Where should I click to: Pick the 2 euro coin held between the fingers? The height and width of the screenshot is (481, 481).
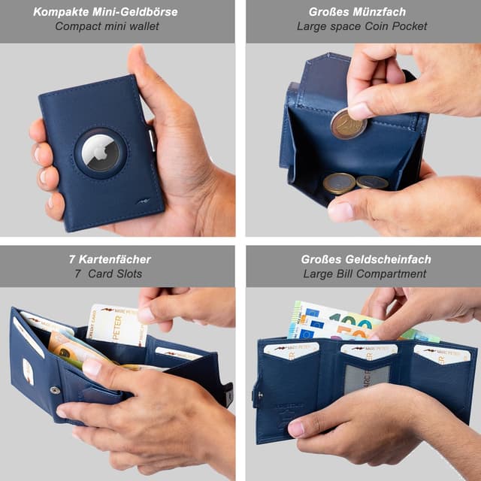(348, 125)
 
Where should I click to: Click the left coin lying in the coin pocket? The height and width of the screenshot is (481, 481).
(339, 183)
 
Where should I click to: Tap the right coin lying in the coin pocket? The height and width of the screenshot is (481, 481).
(372, 182)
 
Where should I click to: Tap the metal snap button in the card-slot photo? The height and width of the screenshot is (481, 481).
(55, 390)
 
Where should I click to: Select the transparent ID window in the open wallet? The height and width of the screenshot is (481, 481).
(367, 377)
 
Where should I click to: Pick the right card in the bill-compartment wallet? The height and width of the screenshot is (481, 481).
(442, 354)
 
